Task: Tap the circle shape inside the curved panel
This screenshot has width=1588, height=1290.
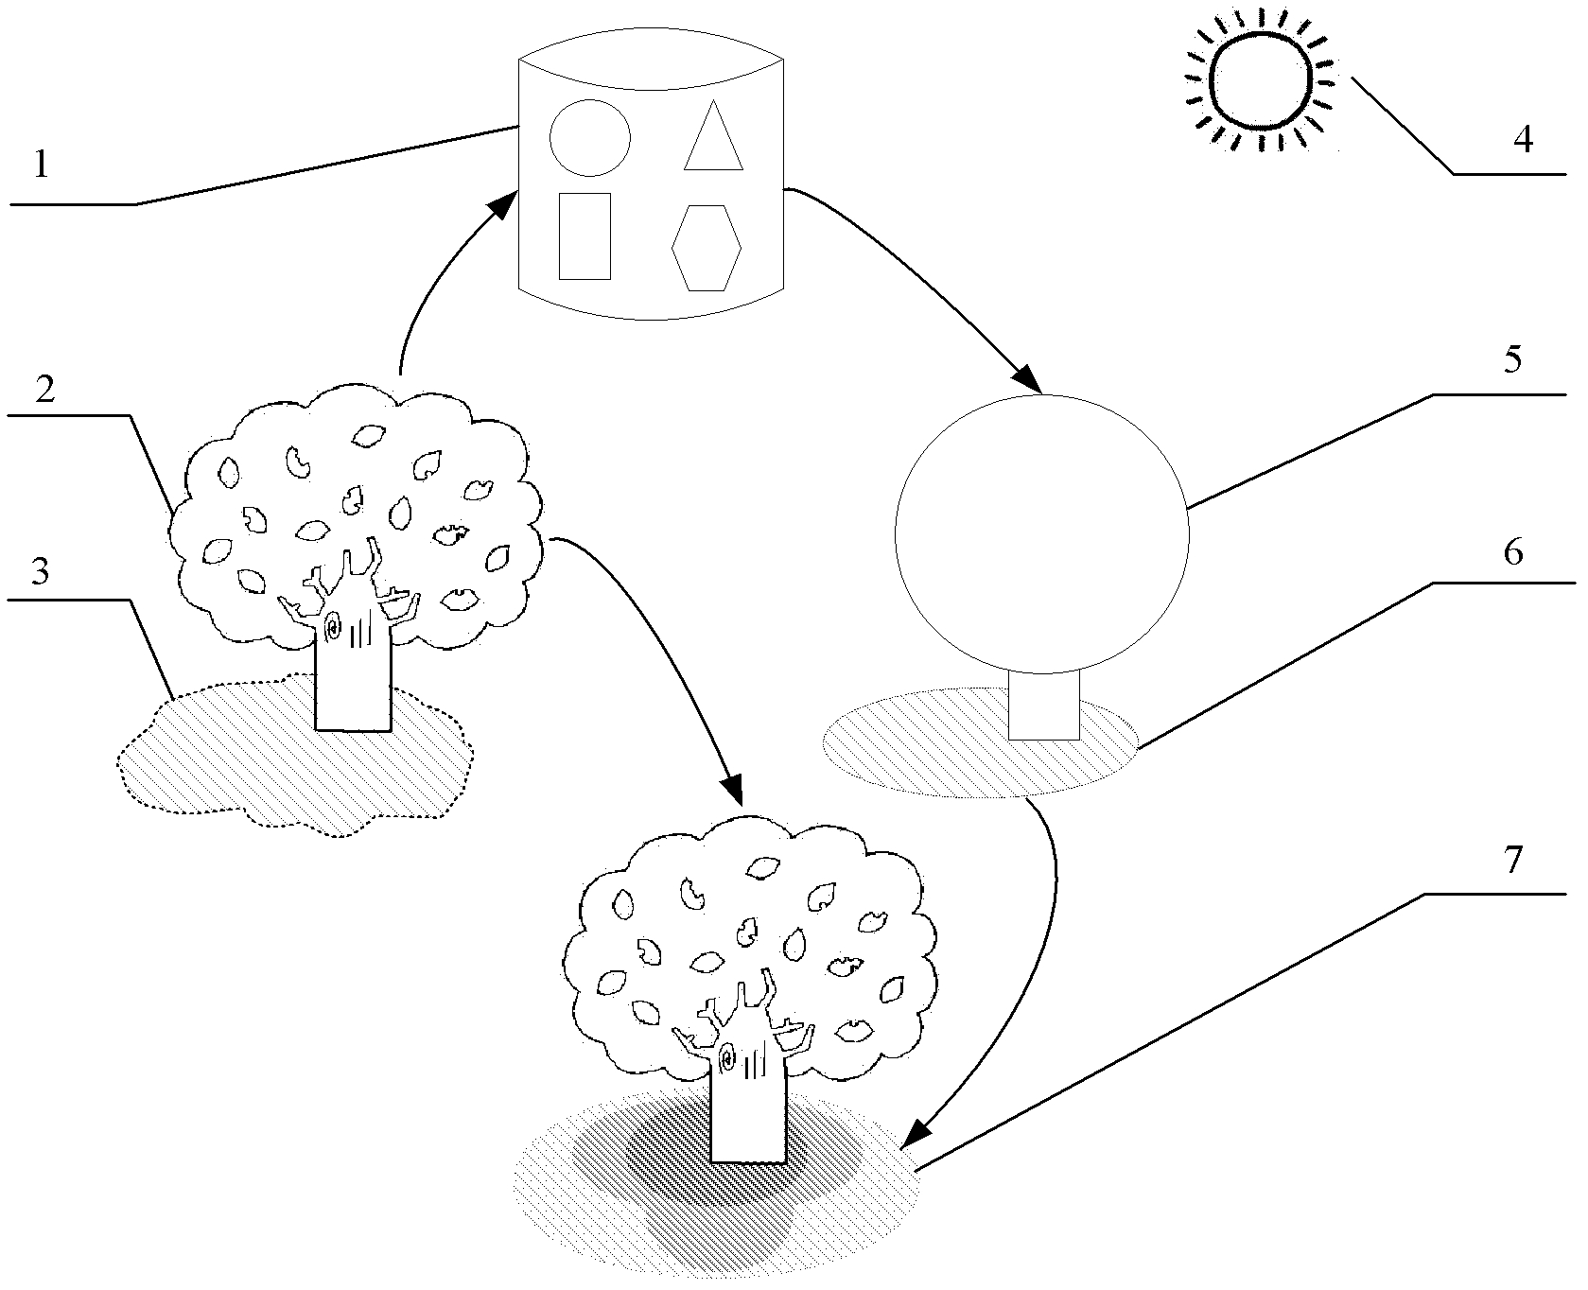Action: point(589,137)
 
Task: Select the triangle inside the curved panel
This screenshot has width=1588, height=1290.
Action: point(714,137)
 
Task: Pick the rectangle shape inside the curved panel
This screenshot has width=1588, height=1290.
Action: point(585,235)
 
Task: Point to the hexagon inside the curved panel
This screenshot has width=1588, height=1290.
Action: point(707,247)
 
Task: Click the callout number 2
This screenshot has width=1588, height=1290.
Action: point(44,390)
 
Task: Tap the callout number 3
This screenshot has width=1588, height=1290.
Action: point(40,574)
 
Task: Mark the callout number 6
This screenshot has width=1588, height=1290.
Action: point(1513,551)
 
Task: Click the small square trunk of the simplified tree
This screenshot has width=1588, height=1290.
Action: point(1043,706)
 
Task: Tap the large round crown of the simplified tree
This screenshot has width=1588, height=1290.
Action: point(1042,535)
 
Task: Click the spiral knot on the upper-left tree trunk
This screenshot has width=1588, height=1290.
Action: point(334,625)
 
